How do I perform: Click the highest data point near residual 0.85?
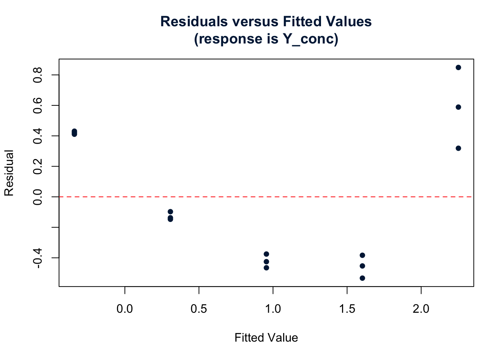tap(458, 67)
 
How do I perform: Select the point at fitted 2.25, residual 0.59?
tap(458, 107)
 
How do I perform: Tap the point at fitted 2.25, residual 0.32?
tap(458, 148)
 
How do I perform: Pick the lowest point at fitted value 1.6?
tap(362, 278)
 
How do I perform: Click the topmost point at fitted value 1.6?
tap(362, 255)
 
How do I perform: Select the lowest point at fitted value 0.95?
tap(266, 268)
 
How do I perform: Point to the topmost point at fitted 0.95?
tap(266, 254)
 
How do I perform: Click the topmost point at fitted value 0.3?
tap(170, 211)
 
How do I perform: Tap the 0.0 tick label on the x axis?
tap(124, 309)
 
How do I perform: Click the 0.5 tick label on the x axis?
tap(199, 309)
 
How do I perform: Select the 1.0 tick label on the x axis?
tap(273, 309)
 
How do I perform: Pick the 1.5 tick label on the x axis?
tap(347, 309)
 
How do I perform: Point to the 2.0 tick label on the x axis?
tap(421, 309)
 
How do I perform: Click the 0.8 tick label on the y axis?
tap(37, 75)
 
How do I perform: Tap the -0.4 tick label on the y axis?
tap(37, 258)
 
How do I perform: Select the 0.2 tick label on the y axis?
tap(37, 166)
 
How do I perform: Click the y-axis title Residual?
tap(9, 173)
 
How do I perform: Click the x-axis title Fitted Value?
tap(266, 338)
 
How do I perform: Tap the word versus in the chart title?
tap(255, 22)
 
